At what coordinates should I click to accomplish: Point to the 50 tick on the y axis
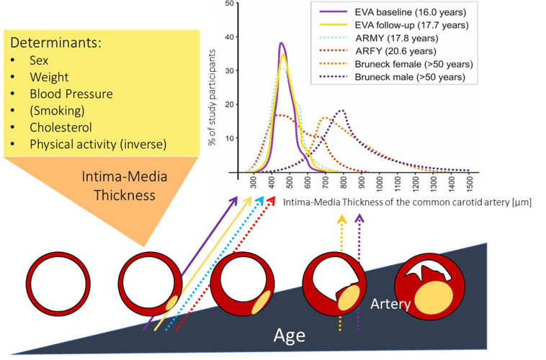point(228,4)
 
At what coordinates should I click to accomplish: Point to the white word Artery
point(390,305)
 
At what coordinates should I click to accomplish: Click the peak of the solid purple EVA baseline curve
point(282,43)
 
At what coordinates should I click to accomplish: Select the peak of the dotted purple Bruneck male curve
point(342,110)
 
